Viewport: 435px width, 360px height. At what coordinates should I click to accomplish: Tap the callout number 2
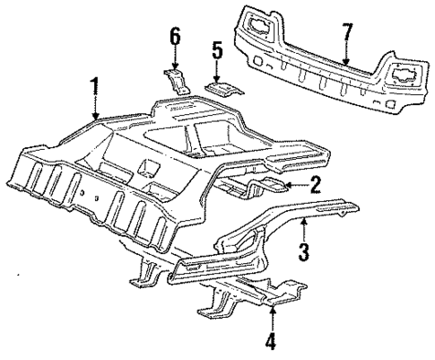314,185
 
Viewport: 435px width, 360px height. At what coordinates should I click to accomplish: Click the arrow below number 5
216,72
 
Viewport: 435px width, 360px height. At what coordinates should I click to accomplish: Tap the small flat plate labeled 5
220,87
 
